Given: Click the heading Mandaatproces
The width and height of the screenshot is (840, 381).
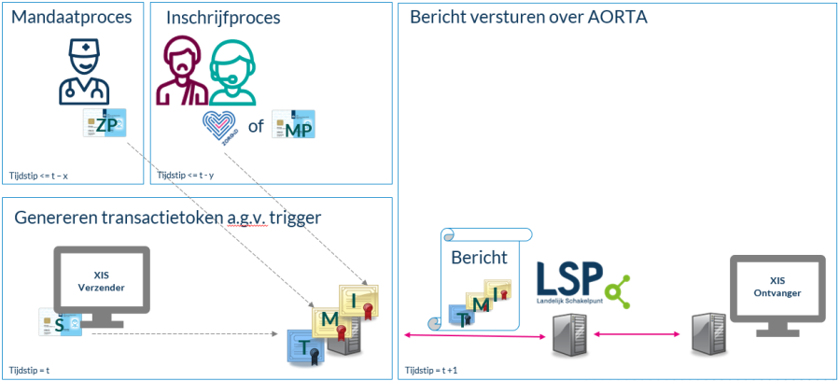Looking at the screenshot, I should pyautogui.click(x=70, y=17).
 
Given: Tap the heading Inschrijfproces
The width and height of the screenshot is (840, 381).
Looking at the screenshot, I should pyautogui.click(x=223, y=18).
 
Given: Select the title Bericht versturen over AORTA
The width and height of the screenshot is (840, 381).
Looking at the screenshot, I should pyautogui.click(x=528, y=17).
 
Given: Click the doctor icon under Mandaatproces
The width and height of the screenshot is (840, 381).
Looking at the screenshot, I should pyautogui.click(x=84, y=71).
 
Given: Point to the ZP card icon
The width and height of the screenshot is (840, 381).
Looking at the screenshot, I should pyautogui.click(x=105, y=126).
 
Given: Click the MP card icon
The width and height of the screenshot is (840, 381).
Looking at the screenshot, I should pyautogui.click(x=292, y=124).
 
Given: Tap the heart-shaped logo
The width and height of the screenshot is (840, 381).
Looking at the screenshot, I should pyautogui.click(x=222, y=126).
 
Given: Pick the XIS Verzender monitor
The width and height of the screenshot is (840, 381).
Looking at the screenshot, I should pyautogui.click(x=101, y=285).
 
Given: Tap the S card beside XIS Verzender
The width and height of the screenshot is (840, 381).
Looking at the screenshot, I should pyautogui.click(x=59, y=322).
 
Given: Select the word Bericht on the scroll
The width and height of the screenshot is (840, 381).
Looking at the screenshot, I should pyautogui.click(x=479, y=257).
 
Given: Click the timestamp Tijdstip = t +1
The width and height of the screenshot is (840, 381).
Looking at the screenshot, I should pyautogui.click(x=430, y=371).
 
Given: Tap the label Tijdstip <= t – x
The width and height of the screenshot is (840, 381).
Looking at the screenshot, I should pyautogui.click(x=40, y=175).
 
